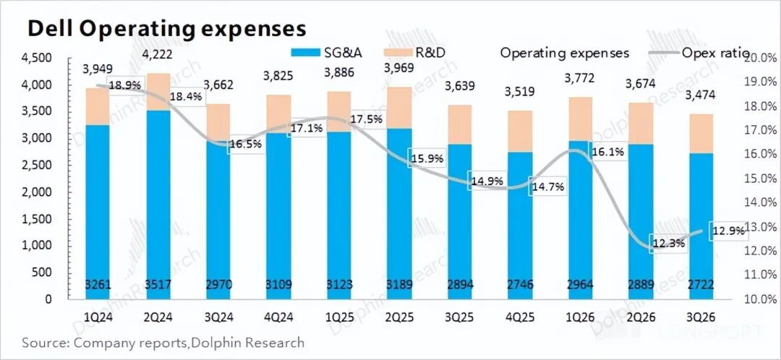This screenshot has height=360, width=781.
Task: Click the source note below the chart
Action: tap(163, 342)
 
